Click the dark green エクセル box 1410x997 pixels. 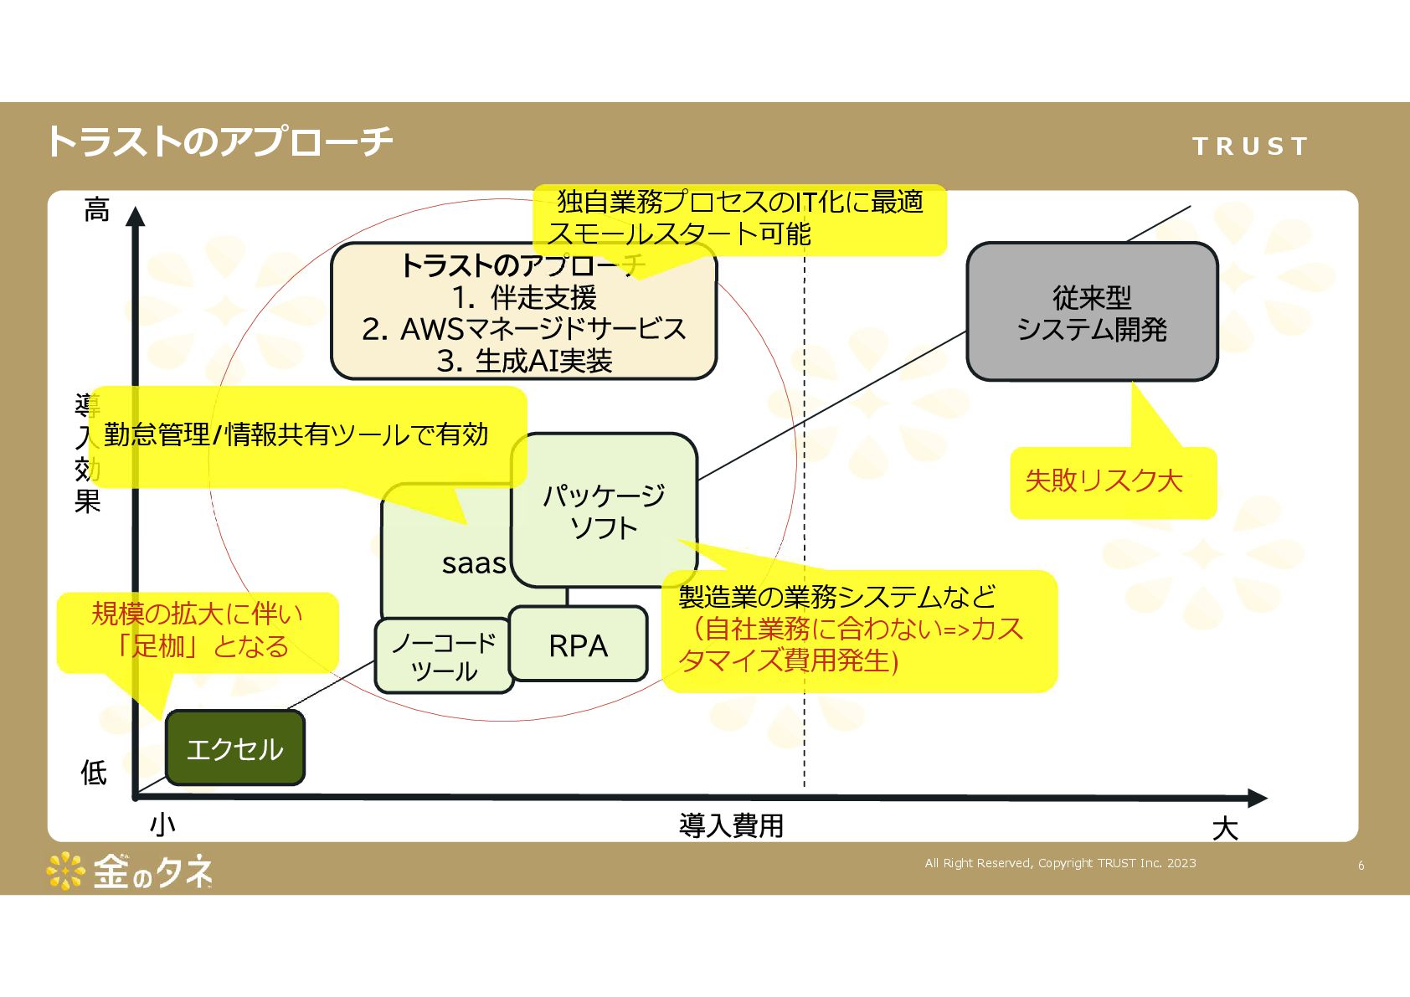[x=235, y=748]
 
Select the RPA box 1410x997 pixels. [x=579, y=645]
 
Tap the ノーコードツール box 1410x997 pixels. [x=444, y=657]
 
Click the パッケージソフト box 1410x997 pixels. [x=604, y=511]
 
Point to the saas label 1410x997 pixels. [x=474, y=563]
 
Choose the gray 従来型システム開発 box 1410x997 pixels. [x=1092, y=312]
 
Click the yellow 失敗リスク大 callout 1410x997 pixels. [x=1104, y=481]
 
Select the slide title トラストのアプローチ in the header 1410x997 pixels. [x=219, y=141]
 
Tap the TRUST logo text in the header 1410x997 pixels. [x=1249, y=146]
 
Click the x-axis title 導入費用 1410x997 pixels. [x=731, y=826]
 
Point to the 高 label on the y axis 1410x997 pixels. [x=96, y=209]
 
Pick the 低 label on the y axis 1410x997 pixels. [x=94, y=772]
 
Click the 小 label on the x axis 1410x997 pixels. [x=162, y=825]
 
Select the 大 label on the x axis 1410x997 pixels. [x=1225, y=829]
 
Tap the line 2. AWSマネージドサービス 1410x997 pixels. [x=524, y=329]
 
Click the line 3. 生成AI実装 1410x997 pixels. [x=524, y=361]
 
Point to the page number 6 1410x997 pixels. [x=1361, y=866]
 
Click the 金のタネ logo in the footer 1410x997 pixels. [x=131, y=872]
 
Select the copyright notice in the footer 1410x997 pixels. [x=1060, y=863]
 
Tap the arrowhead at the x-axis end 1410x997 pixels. [x=1258, y=798]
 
